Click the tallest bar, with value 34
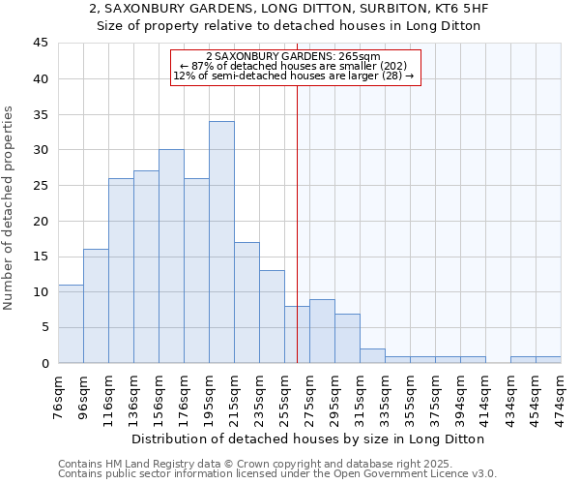tap(221, 242)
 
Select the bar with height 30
tap(171, 257)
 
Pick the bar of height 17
tap(246, 302)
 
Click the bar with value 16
tap(96, 306)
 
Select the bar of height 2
tap(372, 355)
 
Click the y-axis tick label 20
tap(40, 221)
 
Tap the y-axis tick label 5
tap(43, 327)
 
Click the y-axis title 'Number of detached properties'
tap(9, 208)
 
